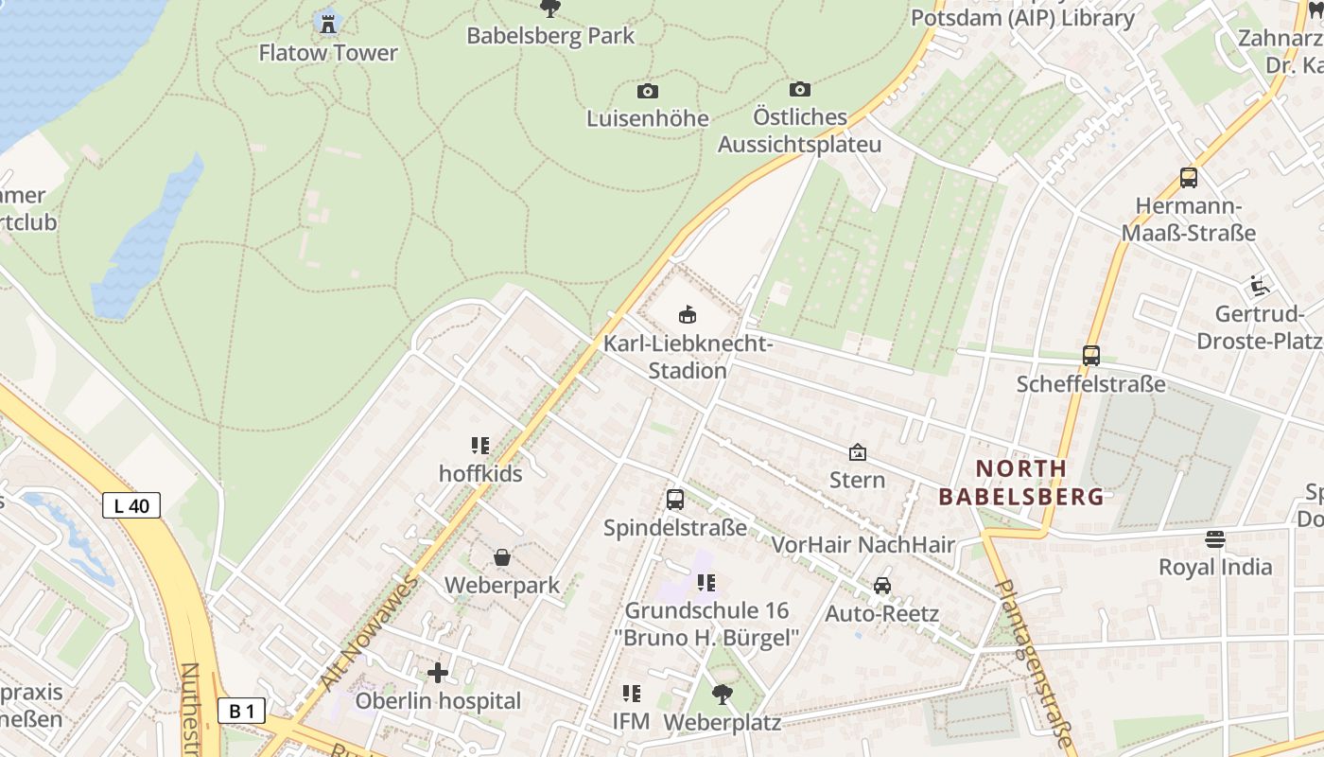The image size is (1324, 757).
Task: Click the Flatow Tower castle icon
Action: (328, 23)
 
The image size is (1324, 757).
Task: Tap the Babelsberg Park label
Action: (550, 36)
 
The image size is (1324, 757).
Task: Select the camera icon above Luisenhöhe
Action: (648, 91)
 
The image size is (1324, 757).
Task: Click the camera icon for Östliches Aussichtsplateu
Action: (800, 89)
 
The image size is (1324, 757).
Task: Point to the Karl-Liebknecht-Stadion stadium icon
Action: (688, 314)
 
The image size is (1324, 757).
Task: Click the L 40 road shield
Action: (131, 505)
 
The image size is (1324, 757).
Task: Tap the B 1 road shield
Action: (241, 711)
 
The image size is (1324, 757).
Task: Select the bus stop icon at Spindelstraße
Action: (675, 499)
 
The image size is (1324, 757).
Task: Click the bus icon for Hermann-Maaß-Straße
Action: (1189, 177)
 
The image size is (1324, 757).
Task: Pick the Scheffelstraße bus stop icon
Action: (1091, 356)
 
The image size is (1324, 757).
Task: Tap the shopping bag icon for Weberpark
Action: (502, 557)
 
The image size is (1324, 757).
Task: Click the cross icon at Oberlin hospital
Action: (438, 673)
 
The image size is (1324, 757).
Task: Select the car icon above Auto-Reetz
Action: (882, 585)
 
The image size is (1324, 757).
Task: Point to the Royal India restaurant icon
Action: (1215, 539)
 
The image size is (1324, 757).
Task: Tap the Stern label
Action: (858, 480)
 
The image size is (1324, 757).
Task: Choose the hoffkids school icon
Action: (480, 445)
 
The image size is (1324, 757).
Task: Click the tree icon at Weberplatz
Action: (723, 694)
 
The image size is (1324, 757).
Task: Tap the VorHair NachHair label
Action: (863, 544)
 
